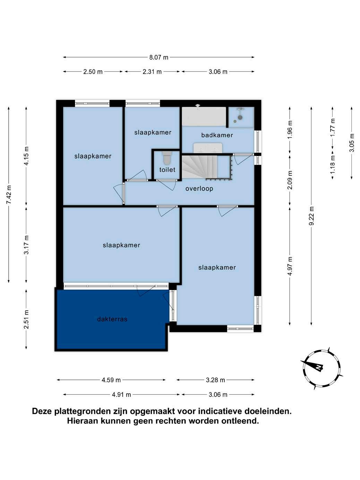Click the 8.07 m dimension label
point(159,57)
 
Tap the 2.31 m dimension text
point(152,72)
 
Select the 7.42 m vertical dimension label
point(9,195)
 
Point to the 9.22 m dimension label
point(311,216)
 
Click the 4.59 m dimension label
point(111,380)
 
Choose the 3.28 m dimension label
point(215,380)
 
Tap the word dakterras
point(112,319)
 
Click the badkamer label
point(217,135)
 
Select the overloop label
point(199,189)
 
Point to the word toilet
point(167,170)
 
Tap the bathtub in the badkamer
point(204,116)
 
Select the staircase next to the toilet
point(206,166)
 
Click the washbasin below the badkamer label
point(208,148)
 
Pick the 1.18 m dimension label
point(333,164)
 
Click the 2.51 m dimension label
point(26,319)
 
